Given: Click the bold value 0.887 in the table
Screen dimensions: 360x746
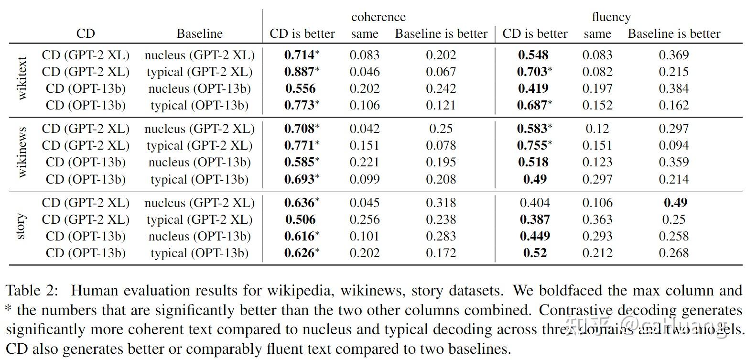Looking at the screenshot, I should pos(300,72).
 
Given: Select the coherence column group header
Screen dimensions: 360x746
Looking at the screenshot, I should pos(378,17).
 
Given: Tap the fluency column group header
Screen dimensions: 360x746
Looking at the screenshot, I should pos(611,17).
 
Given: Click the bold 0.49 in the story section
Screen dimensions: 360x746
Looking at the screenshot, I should pos(675,203).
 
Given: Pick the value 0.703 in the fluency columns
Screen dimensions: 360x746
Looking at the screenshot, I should pos(532,72).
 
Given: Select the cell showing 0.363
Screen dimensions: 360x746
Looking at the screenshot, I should pos(597,219).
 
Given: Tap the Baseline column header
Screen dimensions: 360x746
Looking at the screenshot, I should pos(199,34).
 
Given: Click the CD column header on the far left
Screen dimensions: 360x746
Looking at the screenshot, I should pos(86,34).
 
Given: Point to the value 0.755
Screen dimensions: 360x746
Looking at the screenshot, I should pos(532,145).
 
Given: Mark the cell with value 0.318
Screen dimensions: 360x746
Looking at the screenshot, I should pos(441,203).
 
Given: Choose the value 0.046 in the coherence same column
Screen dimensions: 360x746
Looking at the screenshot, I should pos(365,72).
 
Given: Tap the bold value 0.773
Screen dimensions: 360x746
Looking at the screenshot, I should pos(300,105).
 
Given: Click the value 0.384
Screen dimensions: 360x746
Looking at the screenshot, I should pos(674,88).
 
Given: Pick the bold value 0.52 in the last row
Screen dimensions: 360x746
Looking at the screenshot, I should pos(534,253).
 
